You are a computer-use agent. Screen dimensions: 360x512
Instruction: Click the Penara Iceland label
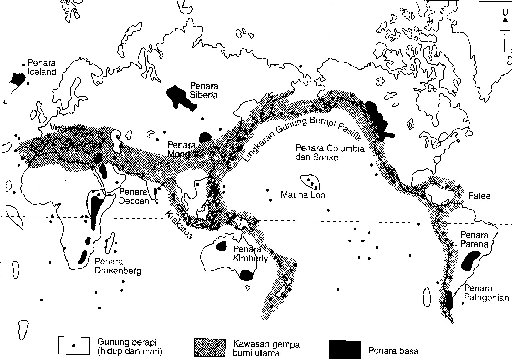coord(42,68)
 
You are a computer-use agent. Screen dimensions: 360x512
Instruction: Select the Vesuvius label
coord(67,128)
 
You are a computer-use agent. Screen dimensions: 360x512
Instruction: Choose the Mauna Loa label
coord(303,195)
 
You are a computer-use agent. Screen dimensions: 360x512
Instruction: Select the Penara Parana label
coord(474,240)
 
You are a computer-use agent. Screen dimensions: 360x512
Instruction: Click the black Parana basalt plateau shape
coord(470,261)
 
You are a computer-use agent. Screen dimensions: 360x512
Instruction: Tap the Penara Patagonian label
coord(486,293)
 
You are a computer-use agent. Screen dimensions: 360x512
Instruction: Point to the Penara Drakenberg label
coord(117,266)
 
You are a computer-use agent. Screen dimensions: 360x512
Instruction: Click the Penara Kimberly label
coord(250,254)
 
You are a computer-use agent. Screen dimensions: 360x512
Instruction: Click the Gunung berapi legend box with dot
coord(74,346)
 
